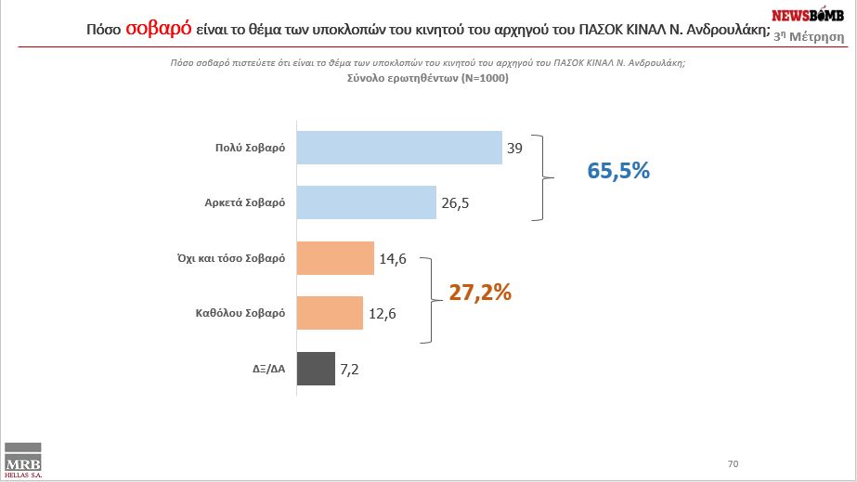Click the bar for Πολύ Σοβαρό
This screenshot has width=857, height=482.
tap(398, 147)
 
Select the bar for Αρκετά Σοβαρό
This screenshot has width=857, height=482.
tap(366, 202)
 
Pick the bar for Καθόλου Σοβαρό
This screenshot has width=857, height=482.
tap(329, 313)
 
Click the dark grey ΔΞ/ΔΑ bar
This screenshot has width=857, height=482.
tap(315, 369)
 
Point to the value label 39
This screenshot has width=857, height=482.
tap(515, 147)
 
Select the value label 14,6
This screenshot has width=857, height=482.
tap(392, 258)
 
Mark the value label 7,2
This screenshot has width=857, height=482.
tap(349, 369)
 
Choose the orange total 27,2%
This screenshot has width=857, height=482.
tap(480, 292)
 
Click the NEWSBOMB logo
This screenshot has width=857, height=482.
tap(807, 15)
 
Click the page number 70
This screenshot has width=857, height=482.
tap(733, 462)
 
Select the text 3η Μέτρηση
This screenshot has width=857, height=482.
tap(814, 35)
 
